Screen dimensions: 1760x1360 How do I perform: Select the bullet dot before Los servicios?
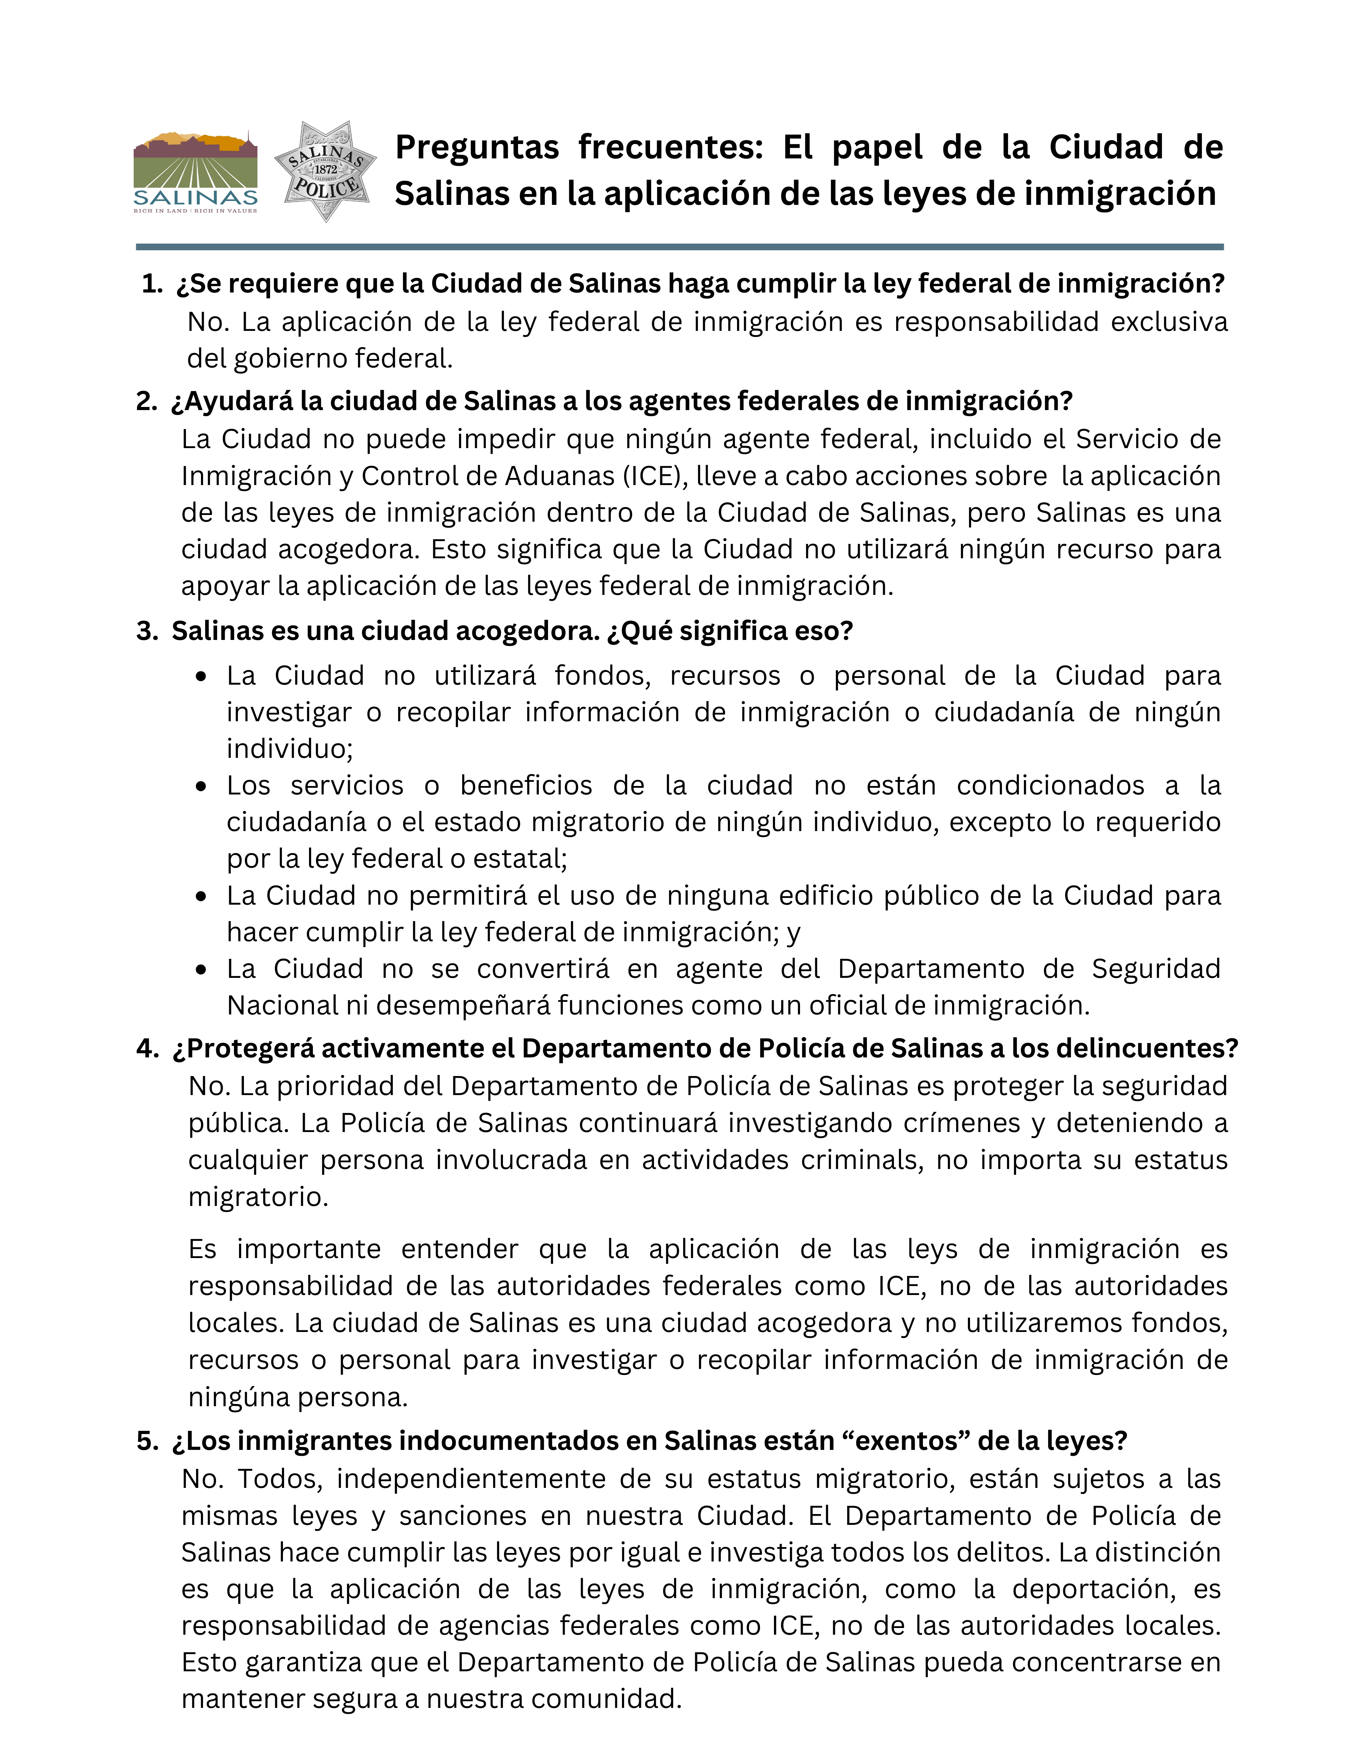[x=201, y=786]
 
